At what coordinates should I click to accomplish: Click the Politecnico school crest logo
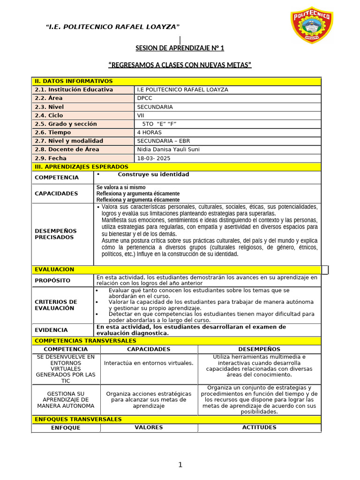[x=311, y=27]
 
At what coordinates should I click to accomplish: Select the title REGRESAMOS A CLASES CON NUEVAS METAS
[x=180, y=65]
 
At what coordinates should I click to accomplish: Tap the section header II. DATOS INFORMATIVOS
[x=74, y=81]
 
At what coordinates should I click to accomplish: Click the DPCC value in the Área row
[x=145, y=98]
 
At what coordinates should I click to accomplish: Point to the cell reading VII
[x=141, y=115]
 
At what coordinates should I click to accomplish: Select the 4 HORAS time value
[x=150, y=133]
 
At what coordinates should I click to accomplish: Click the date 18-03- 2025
[x=154, y=158]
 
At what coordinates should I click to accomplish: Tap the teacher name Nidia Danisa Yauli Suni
[x=168, y=150]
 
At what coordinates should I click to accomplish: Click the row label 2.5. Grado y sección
[x=66, y=124]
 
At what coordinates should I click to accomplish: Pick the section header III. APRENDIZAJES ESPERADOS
[x=81, y=167]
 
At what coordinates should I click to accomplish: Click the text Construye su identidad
[x=153, y=174]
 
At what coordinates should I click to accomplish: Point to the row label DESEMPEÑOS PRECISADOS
[x=56, y=234]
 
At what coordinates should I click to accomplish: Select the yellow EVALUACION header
[x=54, y=270]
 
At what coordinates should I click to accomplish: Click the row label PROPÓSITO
[x=52, y=280]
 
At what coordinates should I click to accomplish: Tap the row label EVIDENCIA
[x=51, y=330]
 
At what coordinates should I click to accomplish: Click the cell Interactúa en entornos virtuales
[x=149, y=363]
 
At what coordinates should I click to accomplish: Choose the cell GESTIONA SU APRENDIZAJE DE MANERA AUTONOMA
[x=65, y=400]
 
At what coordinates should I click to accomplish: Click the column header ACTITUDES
[x=259, y=427]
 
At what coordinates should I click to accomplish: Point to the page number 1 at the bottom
[x=180, y=465]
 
